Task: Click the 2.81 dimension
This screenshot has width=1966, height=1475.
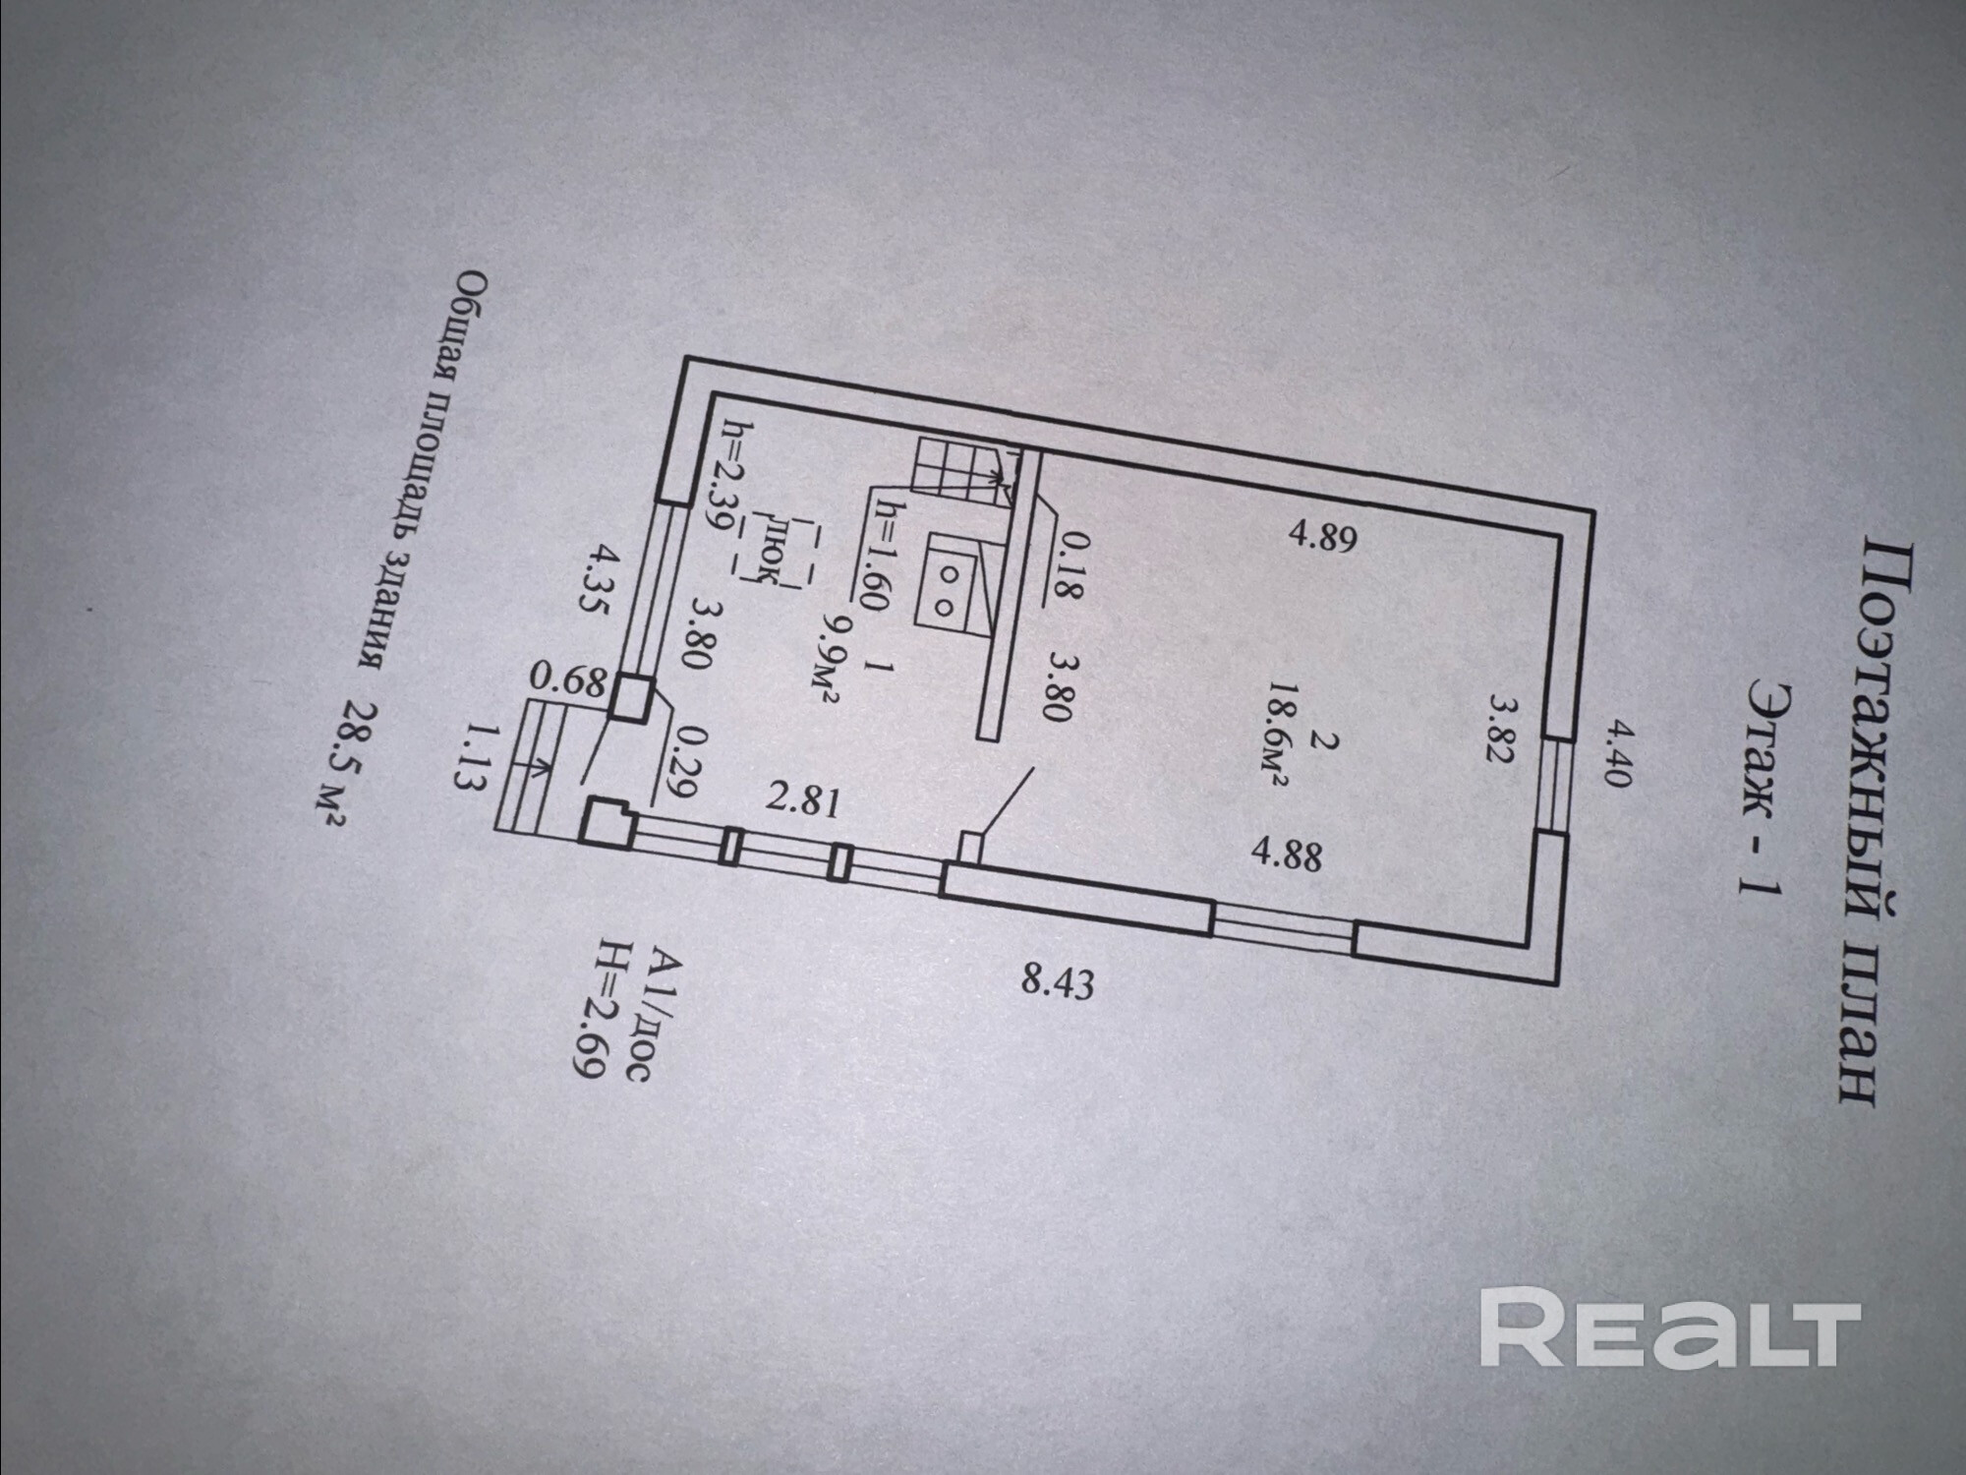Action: pos(803,800)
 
